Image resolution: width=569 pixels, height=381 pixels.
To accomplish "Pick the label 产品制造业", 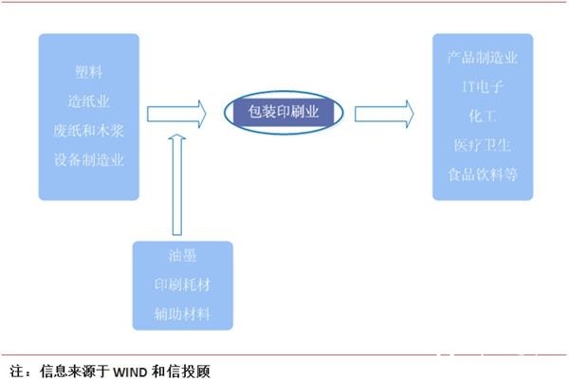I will tap(482, 58).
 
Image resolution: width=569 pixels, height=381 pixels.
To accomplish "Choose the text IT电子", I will tap(482, 86).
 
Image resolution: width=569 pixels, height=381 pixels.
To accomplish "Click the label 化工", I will tap(482, 116).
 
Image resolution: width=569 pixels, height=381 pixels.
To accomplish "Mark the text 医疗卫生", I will tap(482, 145).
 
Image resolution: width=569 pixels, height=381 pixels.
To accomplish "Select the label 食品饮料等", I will tap(482, 174).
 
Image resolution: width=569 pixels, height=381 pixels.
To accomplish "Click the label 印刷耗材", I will tap(183, 284).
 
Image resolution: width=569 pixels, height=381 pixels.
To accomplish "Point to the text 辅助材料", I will tap(183, 314).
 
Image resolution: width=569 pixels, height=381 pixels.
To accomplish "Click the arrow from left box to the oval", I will tap(176, 114).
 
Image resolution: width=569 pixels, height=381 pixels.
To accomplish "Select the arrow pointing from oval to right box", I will tap(384, 114).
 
